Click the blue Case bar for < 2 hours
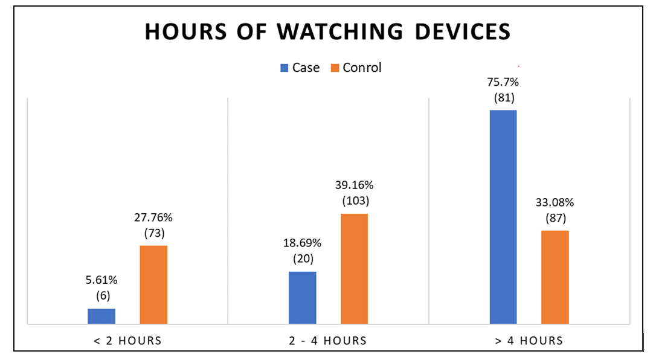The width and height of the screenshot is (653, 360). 101,317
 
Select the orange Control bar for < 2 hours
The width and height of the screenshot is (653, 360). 153,284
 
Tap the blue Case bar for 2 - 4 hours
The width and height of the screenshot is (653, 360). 302,298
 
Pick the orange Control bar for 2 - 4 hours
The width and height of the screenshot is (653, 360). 354,269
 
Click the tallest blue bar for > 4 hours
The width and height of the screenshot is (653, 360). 503,217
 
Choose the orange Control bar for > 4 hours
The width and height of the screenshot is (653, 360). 555,277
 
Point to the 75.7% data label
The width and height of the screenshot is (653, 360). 503,80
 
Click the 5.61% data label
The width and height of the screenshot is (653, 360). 101,280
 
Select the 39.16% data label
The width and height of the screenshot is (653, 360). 355,185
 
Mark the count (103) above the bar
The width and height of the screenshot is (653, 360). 355,201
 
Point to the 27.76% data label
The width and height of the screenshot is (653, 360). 154,217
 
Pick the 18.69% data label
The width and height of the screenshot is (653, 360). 302,243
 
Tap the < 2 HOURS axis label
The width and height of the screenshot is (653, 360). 128,341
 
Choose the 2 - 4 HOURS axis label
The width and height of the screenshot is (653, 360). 328,341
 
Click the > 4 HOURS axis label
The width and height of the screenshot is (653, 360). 529,341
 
